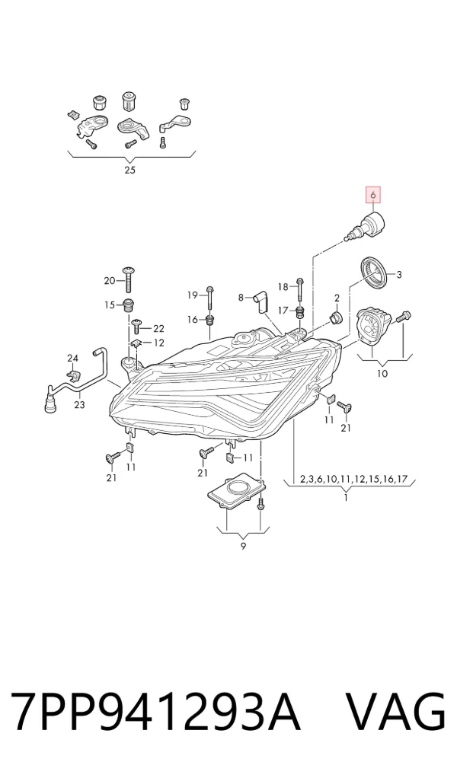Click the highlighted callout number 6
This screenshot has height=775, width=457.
coord(373,195)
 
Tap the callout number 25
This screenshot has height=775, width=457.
coord(130,171)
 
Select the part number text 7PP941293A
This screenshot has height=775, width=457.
coord(156,711)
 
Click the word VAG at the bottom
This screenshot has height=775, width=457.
coord(394,711)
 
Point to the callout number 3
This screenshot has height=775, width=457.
coord(398,275)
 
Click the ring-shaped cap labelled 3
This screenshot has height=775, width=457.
coord(375,274)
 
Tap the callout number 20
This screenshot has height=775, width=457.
coord(110,281)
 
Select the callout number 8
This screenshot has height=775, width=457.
coord(241,298)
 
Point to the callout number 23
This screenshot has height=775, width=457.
coord(80,405)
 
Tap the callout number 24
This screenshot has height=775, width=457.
coord(72,358)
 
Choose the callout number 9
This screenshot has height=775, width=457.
coord(243,546)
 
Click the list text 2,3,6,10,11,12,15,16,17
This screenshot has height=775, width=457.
coord(353,479)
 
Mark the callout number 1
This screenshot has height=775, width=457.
coord(346,497)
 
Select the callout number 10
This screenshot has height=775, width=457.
coord(382,374)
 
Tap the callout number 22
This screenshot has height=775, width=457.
coord(158,329)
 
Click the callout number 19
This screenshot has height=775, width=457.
coord(193,295)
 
